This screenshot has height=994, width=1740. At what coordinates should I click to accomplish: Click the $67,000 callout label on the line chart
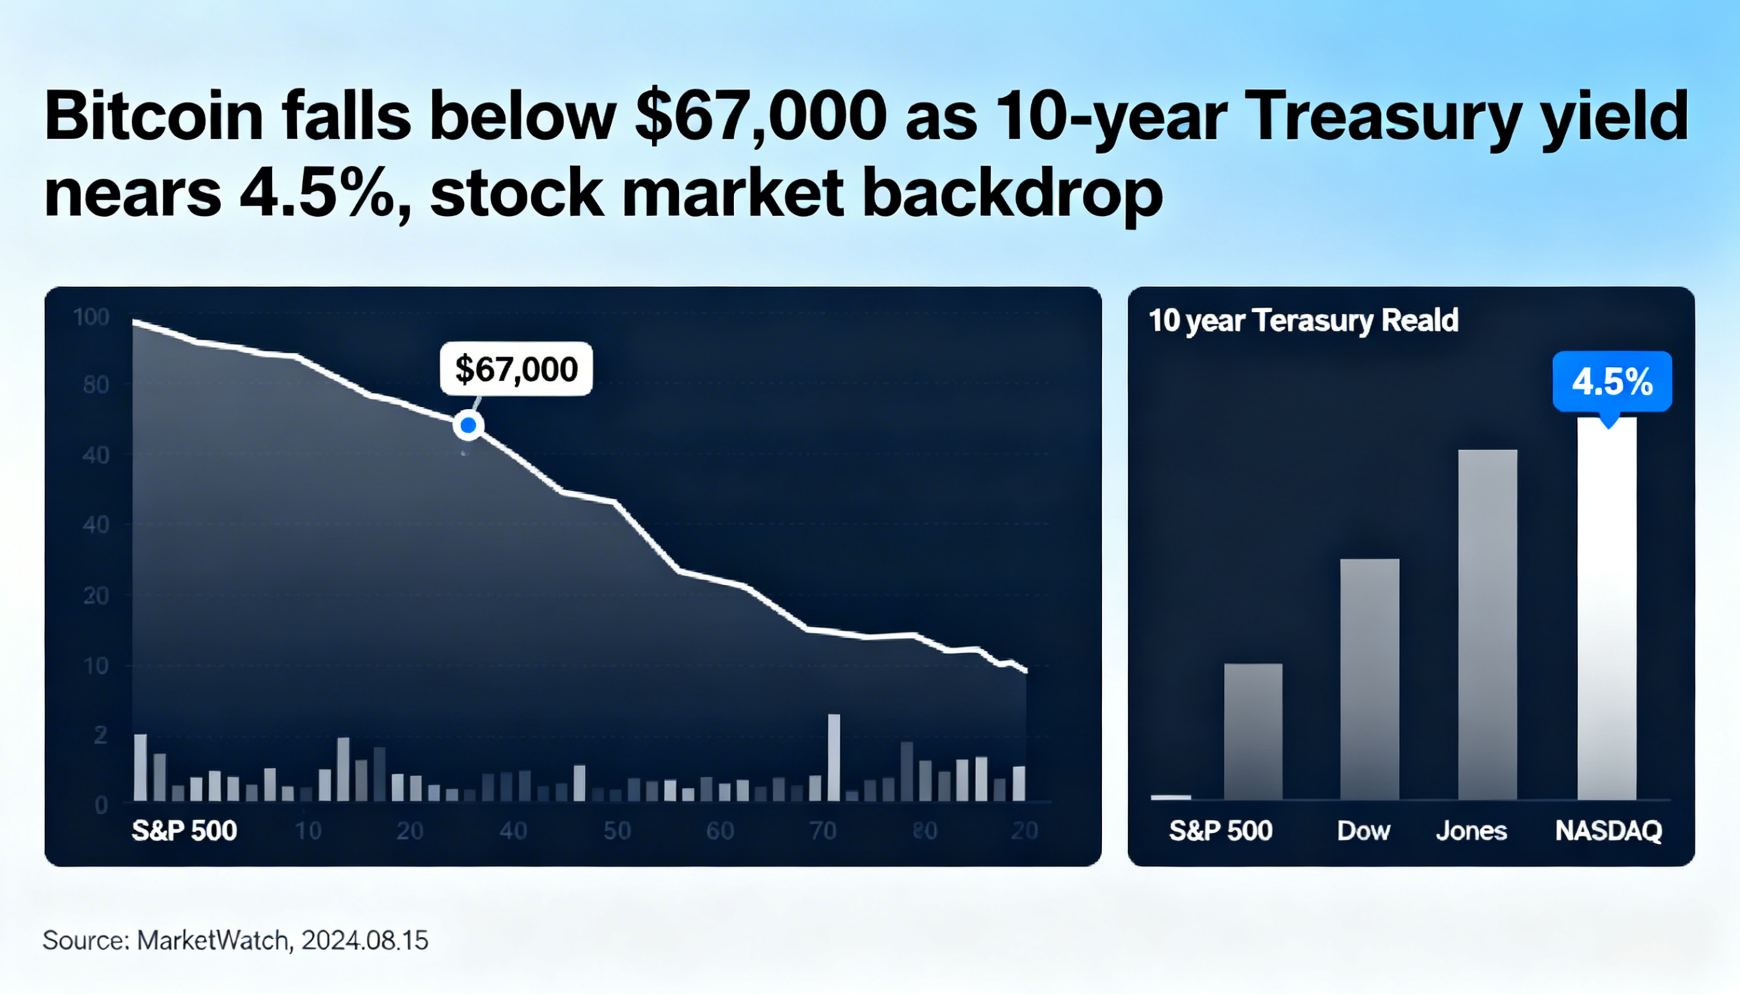[517, 369]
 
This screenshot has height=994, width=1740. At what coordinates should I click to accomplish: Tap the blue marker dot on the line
[468, 425]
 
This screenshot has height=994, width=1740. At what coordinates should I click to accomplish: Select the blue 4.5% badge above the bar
[1612, 381]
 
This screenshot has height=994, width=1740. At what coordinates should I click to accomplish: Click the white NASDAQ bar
[1606, 607]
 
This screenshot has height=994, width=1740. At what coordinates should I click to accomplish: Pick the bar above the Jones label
[1487, 624]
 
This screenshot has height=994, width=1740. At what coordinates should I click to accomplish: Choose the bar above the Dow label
[1369, 679]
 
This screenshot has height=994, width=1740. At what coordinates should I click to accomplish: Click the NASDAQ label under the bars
[1608, 831]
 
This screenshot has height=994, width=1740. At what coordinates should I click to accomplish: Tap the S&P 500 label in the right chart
[1220, 831]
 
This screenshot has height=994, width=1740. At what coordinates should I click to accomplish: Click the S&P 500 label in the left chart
[184, 831]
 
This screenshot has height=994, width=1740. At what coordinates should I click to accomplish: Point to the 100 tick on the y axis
[91, 317]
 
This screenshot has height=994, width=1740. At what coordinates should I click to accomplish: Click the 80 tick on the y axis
[96, 385]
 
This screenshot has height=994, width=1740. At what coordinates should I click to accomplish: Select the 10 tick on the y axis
[96, 666]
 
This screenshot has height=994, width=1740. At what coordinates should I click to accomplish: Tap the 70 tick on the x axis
[822, 831]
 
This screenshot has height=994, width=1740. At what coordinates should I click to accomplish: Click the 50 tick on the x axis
[616, 831]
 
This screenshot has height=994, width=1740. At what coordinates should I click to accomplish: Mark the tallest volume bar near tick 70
[834, 757]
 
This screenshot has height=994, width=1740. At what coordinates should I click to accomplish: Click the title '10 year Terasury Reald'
[1303, 320]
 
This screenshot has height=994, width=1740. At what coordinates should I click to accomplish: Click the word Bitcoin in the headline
[154, 116]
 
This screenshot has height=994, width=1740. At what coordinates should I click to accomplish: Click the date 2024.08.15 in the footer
[365, 940]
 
